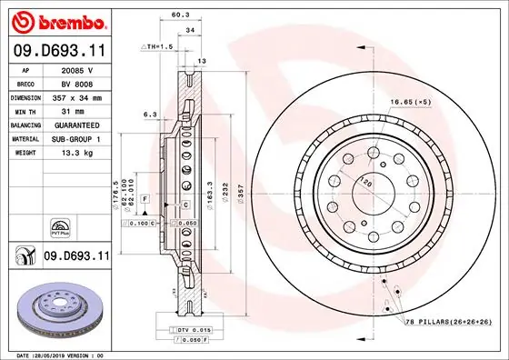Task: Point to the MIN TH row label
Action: pos(26,110)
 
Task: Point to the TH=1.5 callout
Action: pos(159,45)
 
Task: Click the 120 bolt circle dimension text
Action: pos(364,181)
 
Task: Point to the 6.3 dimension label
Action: pos(151,115)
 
